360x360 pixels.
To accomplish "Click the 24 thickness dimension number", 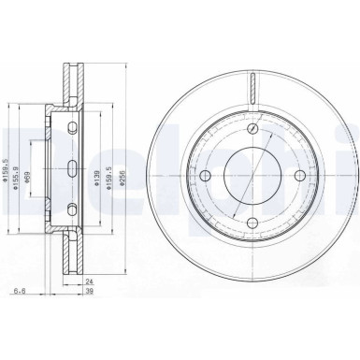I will click(91, 281).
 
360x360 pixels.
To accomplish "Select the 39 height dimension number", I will click(91, 292).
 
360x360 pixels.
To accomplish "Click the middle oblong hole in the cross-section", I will click(72, 169).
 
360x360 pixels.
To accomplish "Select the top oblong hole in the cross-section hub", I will click(72, 126).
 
